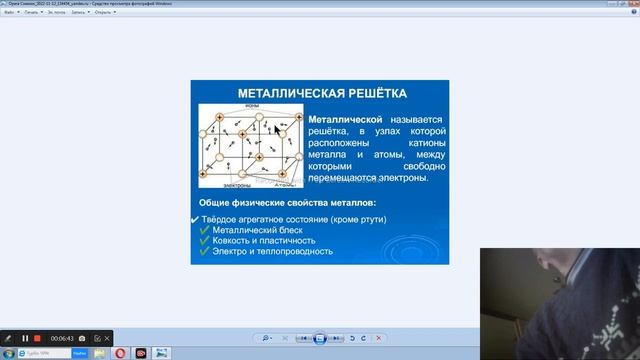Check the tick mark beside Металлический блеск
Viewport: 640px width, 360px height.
click(x=204, y=229)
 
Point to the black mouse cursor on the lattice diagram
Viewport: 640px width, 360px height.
click(x=277, y=131)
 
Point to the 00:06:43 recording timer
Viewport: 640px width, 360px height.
click(x=62, y=338)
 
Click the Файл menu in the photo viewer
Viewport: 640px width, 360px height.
click(x=8, y=12)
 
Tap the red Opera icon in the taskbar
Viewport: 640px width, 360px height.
click(x=120, y=353)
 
